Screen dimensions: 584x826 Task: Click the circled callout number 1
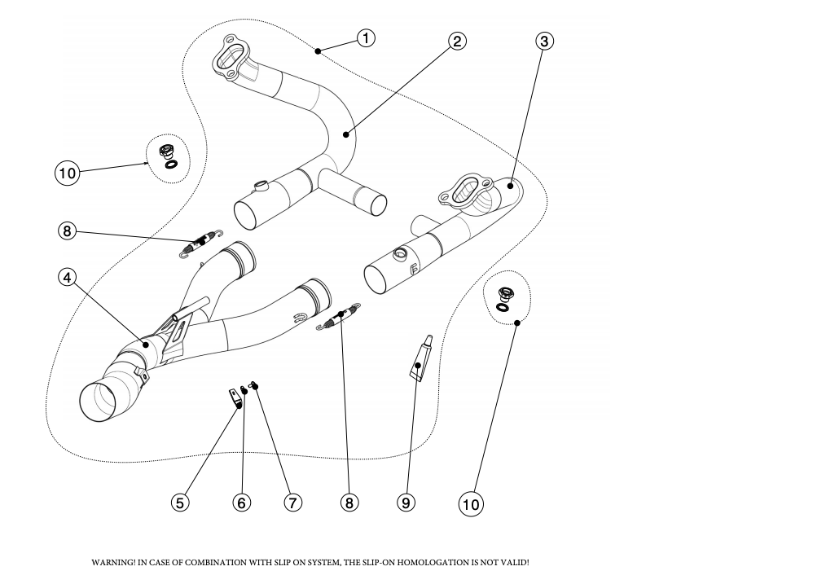tap(367, 38)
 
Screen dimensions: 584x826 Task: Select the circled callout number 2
tap(458, 41)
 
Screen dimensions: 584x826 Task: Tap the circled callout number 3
tap(545, 41)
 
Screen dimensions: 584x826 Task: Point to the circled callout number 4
tap(68, 277)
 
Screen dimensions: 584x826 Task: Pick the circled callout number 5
tap(180, 503)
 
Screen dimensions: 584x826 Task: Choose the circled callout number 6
tap(241, 503)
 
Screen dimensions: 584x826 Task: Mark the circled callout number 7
tap(292, 503)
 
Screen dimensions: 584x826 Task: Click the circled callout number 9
tap(406, 503)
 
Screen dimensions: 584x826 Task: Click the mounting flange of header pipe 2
tap(231, 56)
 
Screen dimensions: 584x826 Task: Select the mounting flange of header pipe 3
tap(463, 190)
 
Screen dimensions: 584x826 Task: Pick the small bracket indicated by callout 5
tap(235, 397)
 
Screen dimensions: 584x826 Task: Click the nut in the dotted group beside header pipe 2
tap(168, 151)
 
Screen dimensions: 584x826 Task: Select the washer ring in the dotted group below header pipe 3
tap(503, 308)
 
